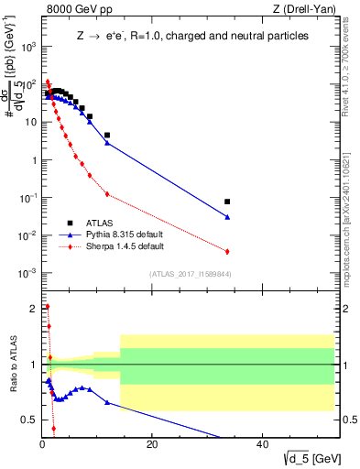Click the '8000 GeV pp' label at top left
pyautogui.click(x=75, y=9)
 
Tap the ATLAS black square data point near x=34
pyautogui.click(x=227, y=202)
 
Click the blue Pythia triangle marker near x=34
pyautogui.click(x=227, y=217)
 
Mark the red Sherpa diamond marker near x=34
pyautogui.click(x=227, y=251)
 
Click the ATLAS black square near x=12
pyautogui.click(x=107, y=135)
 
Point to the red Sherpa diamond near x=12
pyautogui.click(x=107, y=194)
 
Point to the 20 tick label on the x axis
pyautogui.click(x=152, y=444)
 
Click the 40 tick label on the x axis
pyautogui.click(x=261, y=444)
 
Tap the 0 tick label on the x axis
pyautogui.click(x=42, y=444)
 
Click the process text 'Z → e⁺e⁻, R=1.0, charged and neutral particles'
pyautogui.click(x=191, y=36)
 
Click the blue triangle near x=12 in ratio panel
pyautogui.click(x=107, y=402)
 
